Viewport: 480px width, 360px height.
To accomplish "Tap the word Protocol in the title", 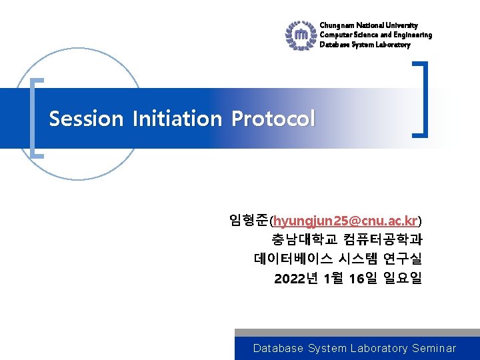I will click(273, 119).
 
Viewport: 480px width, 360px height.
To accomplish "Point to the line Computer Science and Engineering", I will click(375, 35).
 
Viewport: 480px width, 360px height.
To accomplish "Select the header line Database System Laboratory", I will click(365, 45).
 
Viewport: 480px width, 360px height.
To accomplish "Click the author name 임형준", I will click(248, 220).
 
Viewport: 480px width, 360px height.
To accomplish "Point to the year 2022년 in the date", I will click(295, 278).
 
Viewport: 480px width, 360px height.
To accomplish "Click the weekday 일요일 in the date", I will click(403, 278).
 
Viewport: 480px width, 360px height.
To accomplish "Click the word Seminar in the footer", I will click(434, 348).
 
